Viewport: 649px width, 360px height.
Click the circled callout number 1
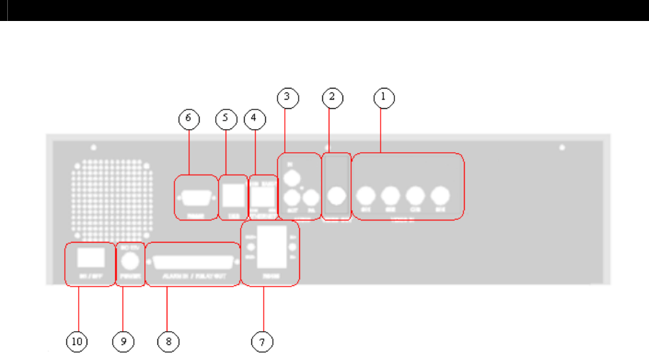tap(384, 98)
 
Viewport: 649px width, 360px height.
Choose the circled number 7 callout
tap(263, 342)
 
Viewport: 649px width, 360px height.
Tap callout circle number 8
tap(167, 342)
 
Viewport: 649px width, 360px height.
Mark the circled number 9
tap(122, 342)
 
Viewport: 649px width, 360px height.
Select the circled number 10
tap(77, 342)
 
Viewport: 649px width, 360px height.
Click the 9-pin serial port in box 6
tap(195, 195)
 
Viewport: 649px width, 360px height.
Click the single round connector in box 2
tap(337, 195)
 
